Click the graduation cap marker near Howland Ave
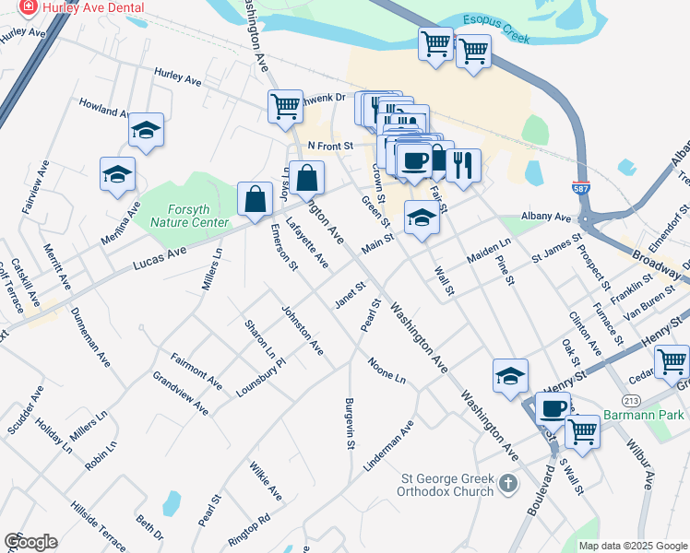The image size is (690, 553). point(146,130)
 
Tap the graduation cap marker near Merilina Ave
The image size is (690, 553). point(117,174)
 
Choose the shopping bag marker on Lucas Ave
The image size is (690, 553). point(254,199)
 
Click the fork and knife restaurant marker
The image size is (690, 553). point(463,165)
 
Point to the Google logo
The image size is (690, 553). point(30,542)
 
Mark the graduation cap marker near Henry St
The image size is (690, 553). point(510,375)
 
